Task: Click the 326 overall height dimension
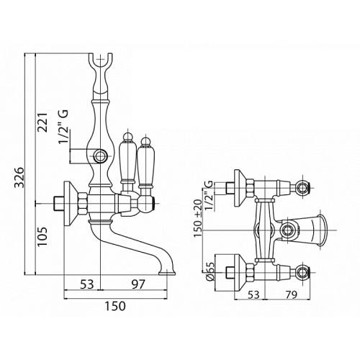(19, 177)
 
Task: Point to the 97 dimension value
(139, 284)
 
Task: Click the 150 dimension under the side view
(115, 306)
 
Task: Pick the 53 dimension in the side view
(86, 284)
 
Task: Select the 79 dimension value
(290, 294)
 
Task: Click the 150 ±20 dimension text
(199, 218)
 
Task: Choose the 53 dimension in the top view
(253, 294)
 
